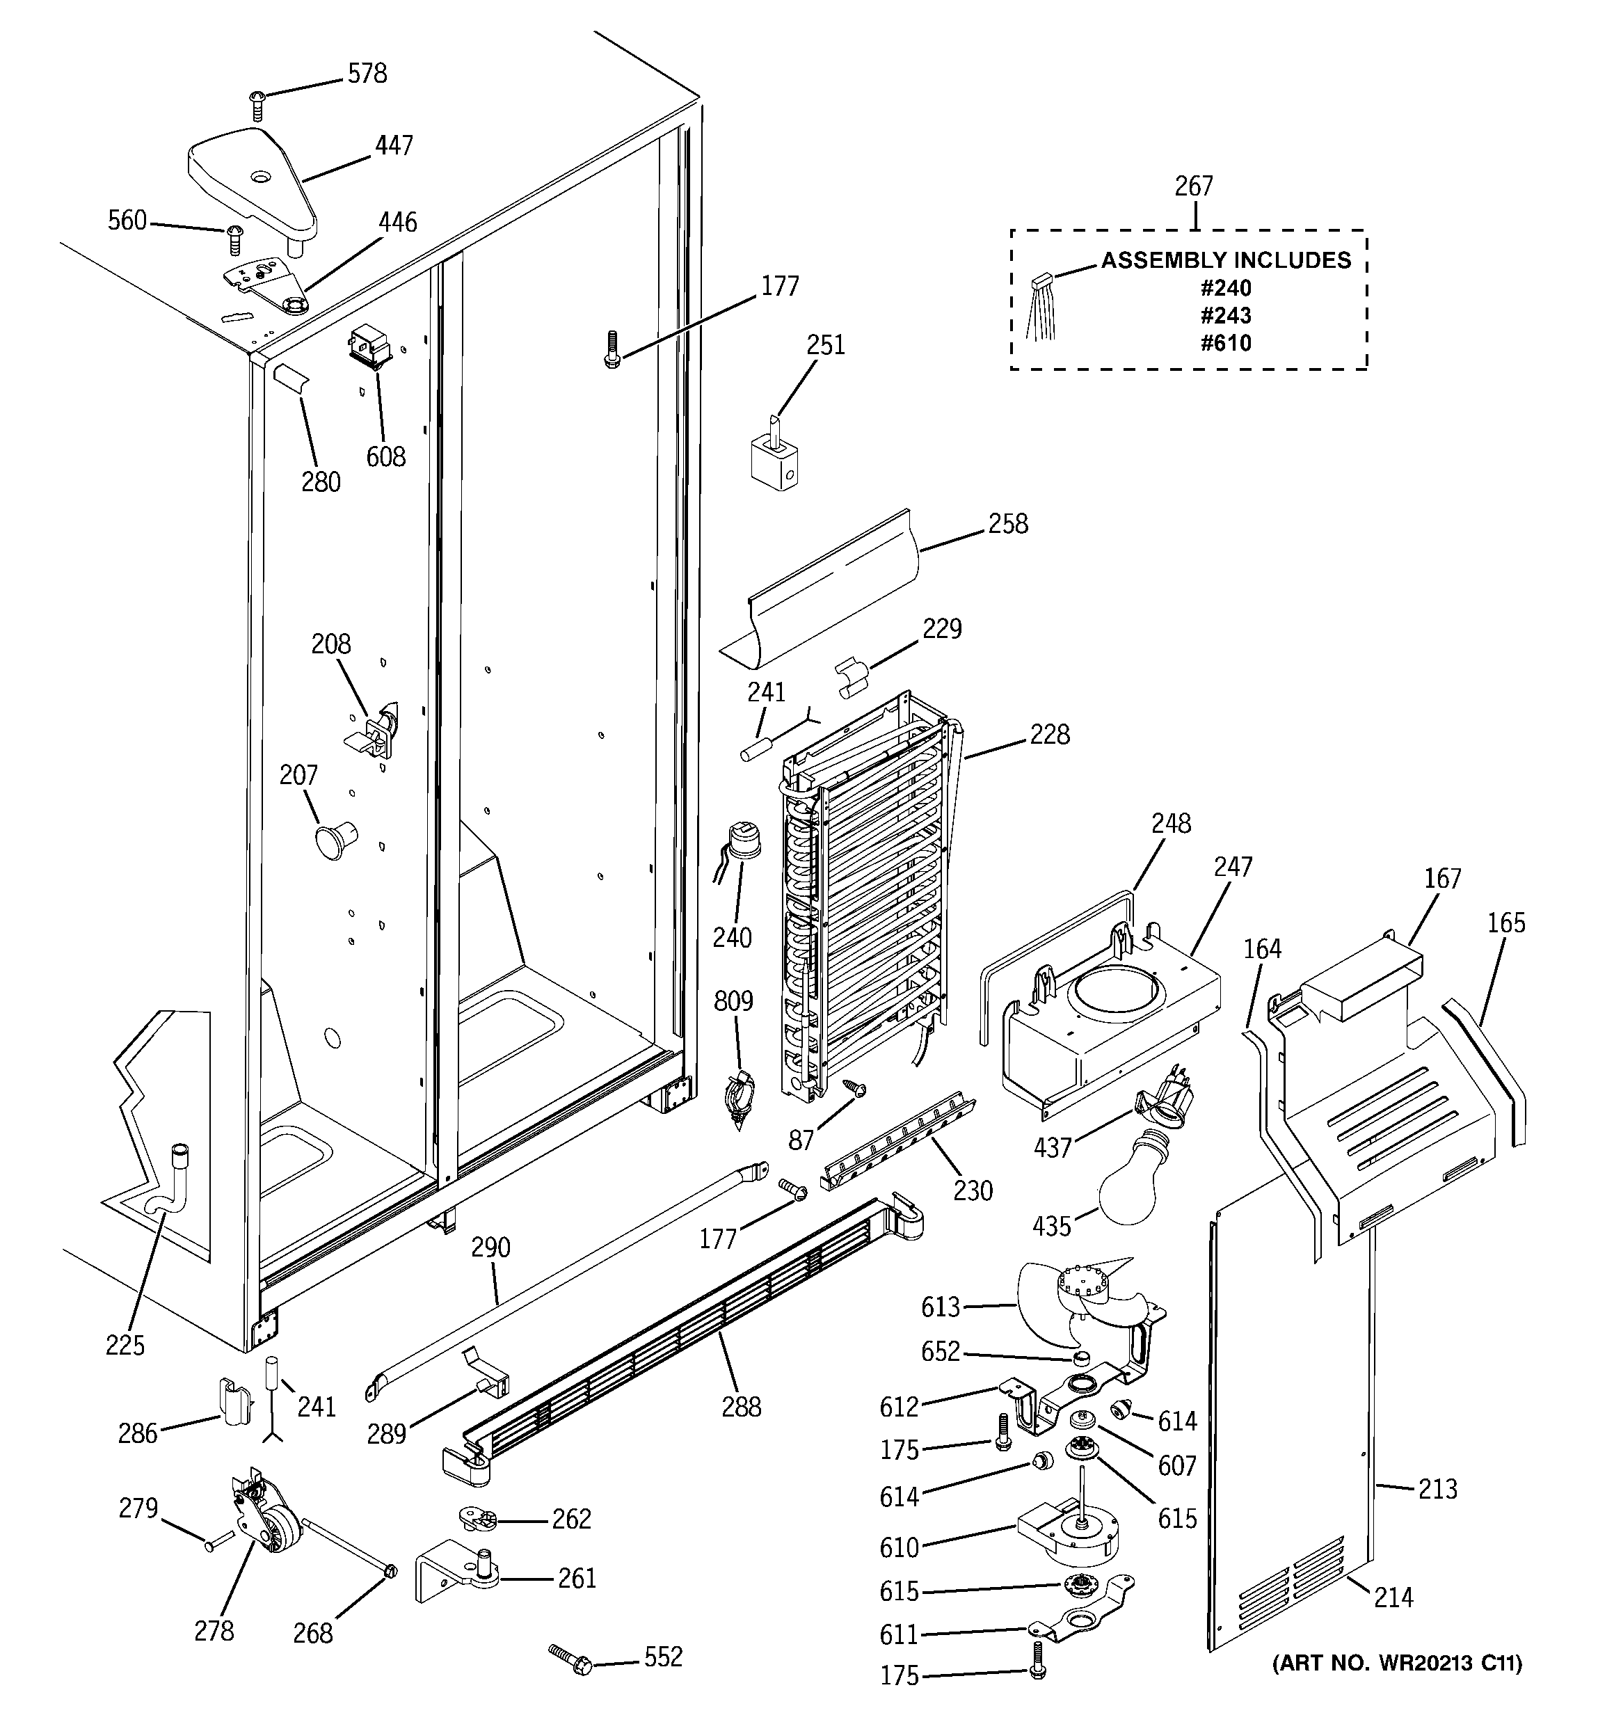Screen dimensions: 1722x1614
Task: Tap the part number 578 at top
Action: pyautogui.click(x=367, y=74)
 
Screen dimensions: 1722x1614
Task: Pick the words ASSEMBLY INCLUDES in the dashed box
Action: pyautogui.click(x=1225, y=260)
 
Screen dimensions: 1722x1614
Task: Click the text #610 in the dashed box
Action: pyautogui.click(x=1225, y=343)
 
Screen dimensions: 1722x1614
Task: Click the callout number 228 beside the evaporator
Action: pyautogui.click(x=1049, y=735)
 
